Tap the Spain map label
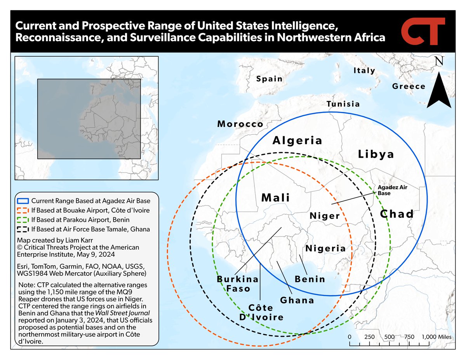[269, 79]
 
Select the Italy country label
[364, 71]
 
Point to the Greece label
[409, 86]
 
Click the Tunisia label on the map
[343, 104]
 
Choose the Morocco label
[240, 124]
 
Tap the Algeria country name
[297, 140]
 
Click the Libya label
[376, 154]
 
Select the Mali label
[276, 197]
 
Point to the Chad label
[396, 214]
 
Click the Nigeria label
[325, 249]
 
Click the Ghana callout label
[297, 300]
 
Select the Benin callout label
[310, 279]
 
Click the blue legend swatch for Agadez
[23, 201]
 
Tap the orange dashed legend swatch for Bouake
[23, 210]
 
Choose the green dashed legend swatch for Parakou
[23, 220]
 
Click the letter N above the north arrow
[439, 62]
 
